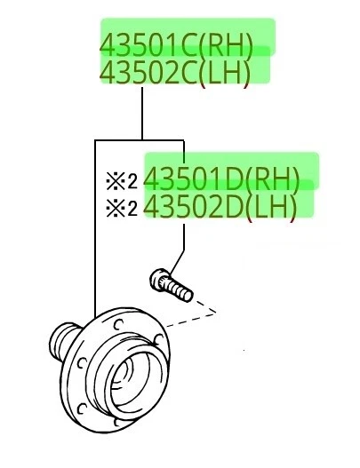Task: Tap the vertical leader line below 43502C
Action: point(142,111)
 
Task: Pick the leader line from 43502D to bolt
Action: point(184,240)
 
